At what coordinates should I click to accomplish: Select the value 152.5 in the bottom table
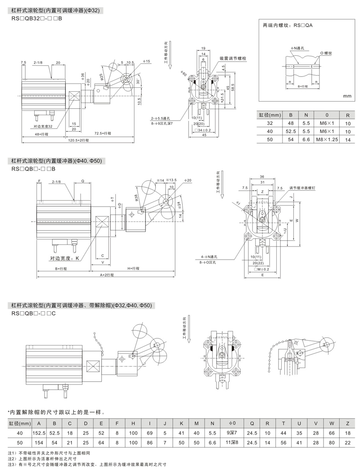coord(40,432)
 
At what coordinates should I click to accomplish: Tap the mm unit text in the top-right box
coord(346,96)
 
